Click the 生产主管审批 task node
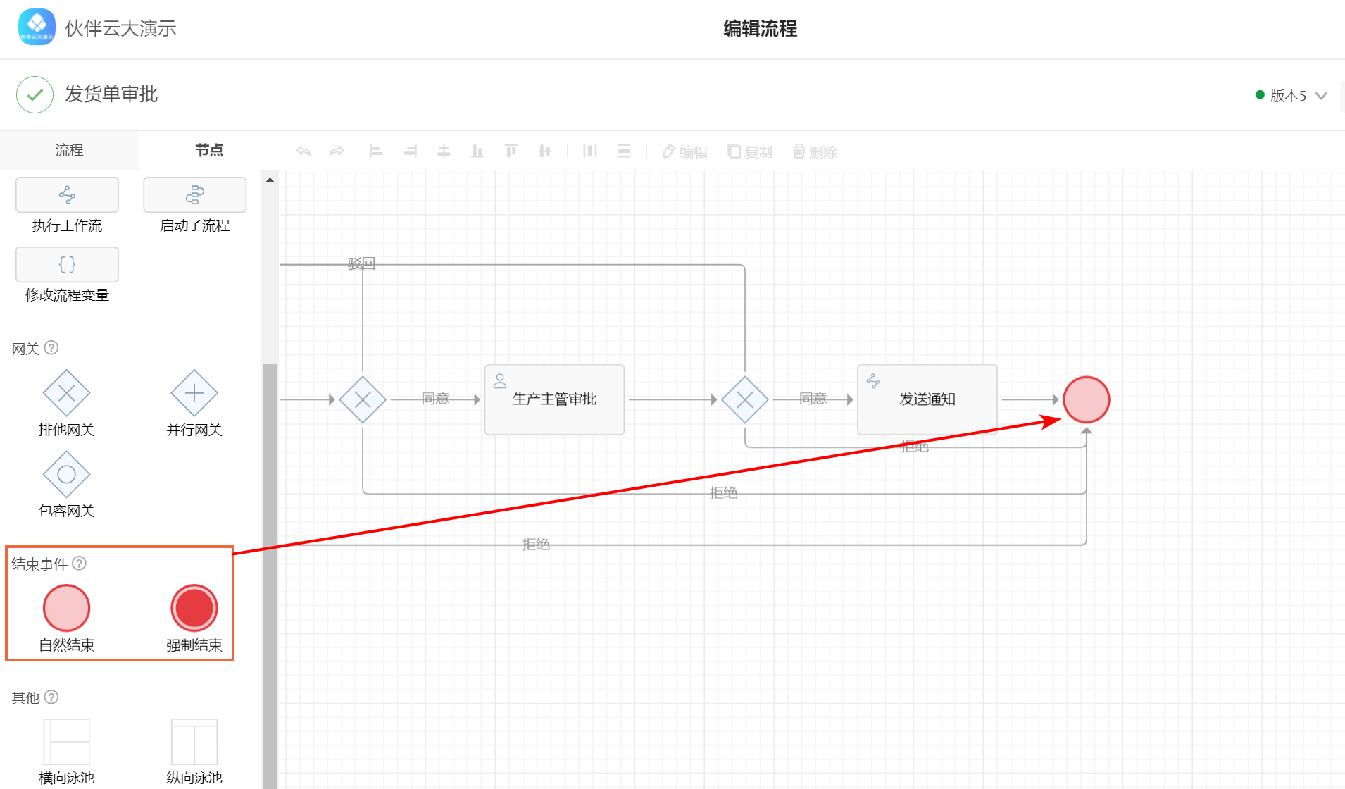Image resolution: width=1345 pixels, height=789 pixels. pos(554,399)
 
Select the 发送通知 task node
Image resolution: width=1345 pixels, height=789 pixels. pos(927,399)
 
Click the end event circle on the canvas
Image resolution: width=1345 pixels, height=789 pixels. pos(1086,399)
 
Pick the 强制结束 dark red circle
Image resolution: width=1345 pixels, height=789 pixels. pos(194,607)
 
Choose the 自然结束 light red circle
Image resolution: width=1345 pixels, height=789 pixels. pos(67,607)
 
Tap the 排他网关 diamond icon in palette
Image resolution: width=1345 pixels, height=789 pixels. pos(67,393)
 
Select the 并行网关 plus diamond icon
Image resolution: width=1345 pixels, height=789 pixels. pos(194,393)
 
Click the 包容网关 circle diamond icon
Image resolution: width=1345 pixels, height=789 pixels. pos(67,475)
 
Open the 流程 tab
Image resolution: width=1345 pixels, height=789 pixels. pos(69,150)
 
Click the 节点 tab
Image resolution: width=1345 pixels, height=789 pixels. pos(209,150)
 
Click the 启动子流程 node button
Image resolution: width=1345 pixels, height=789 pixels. pos(195,194)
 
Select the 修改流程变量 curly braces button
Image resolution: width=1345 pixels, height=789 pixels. pos(67,264)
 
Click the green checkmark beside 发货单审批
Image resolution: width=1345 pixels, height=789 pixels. pos(35,94)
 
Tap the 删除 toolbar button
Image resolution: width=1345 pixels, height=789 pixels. pos(815,151)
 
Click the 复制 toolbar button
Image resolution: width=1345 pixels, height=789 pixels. pos(750,151)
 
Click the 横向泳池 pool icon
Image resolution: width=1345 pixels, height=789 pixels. pos(67,741)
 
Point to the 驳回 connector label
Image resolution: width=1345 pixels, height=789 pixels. pos(361,264)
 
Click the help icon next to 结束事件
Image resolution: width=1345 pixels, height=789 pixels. pos(80,563)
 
